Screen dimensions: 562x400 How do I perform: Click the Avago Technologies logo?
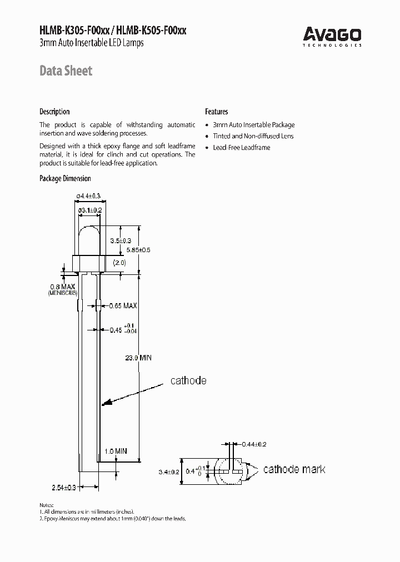332,37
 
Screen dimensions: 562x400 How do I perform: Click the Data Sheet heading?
66,71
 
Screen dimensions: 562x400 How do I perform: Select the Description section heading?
54,112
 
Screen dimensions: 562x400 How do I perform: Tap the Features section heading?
217,112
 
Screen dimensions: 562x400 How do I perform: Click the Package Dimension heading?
65,178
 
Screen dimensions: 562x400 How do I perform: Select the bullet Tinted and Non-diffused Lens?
253,136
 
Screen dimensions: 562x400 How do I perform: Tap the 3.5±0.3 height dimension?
120,240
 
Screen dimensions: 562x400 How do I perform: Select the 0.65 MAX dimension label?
123,306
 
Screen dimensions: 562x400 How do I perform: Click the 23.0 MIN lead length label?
137,358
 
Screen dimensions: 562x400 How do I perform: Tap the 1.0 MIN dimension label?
116,451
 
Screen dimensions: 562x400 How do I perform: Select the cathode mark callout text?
294,469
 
